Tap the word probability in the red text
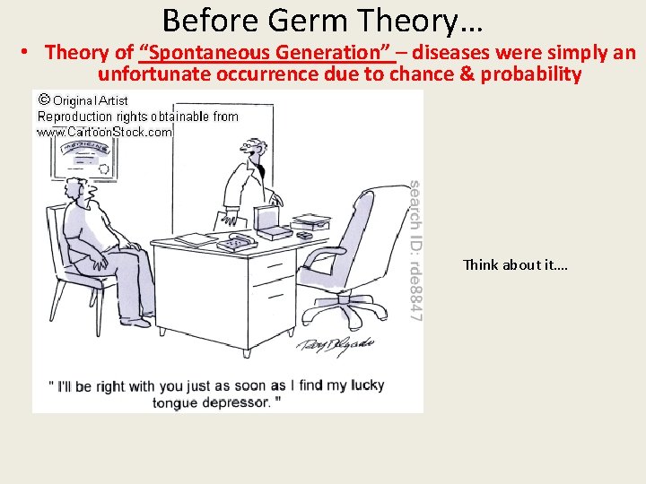click(531, 73)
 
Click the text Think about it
click(515, 264)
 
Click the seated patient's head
click(77, 190)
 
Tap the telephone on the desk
click(237, 243)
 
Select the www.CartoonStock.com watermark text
click(104, 132)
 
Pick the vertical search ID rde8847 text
click(415, 249)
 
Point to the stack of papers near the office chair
click(311, 220)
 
